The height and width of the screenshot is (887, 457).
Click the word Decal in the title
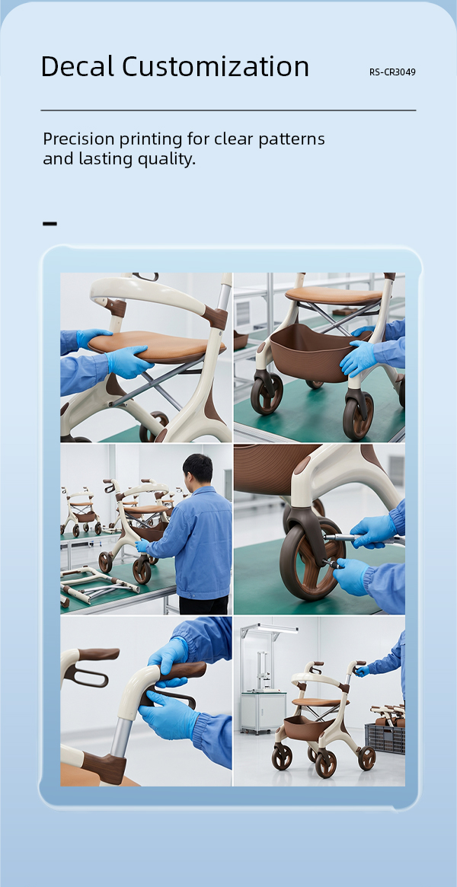coord(78,66)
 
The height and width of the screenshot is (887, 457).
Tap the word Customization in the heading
coord(216,66)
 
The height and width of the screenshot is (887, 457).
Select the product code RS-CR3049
coord(392,72)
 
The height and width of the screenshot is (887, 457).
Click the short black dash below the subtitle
coord(50,224)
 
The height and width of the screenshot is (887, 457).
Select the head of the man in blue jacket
coord(197,468)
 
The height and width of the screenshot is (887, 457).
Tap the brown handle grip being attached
coord(181,672)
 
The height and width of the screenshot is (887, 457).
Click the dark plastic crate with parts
coord(385,739)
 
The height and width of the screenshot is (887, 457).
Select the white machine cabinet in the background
coord(263,712)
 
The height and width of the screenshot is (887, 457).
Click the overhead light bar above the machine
coord(269,628)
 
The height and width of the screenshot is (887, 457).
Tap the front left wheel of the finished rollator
coord(282,756)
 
